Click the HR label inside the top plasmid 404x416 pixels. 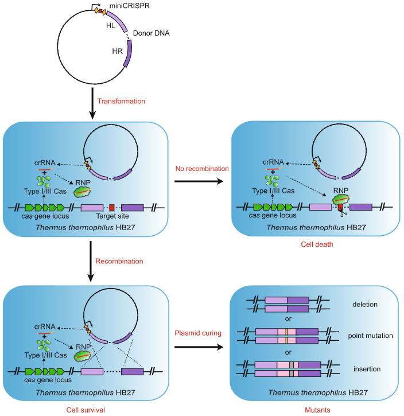point(116,51)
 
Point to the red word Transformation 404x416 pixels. point(122,102)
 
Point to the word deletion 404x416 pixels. point(365,304)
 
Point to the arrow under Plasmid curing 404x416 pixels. point(197,347)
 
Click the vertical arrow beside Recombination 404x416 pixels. point(92,261)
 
